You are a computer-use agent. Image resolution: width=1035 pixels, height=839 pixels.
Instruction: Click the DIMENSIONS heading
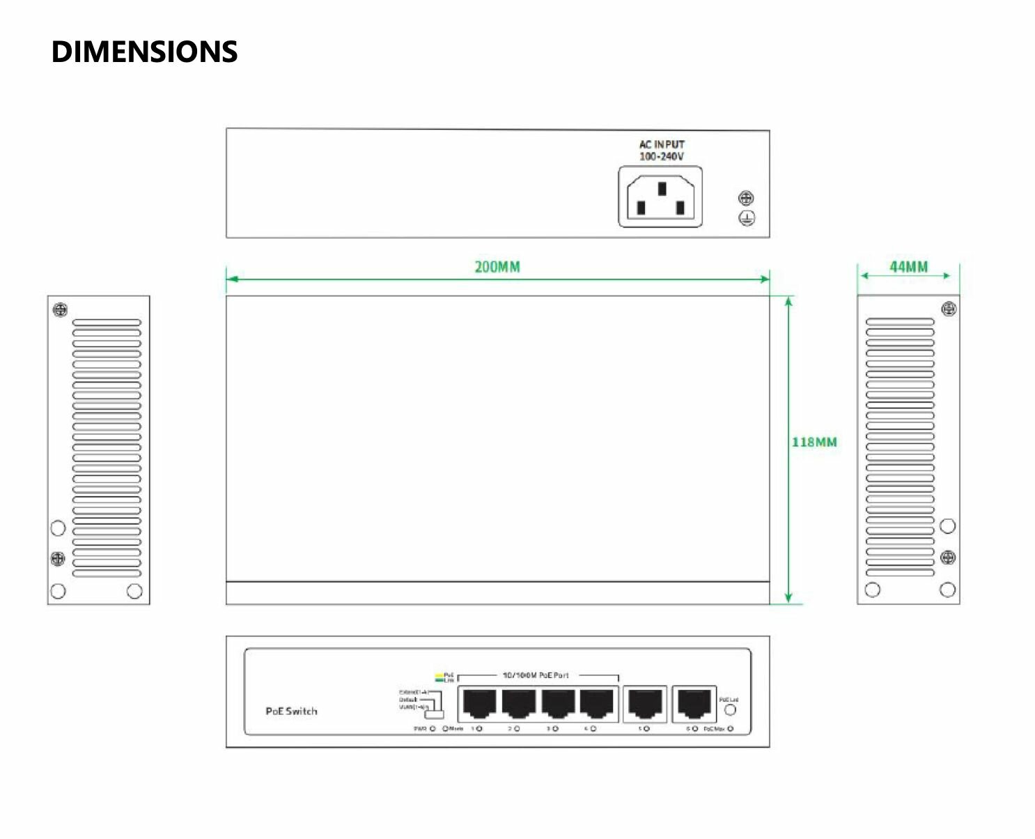[144, 52]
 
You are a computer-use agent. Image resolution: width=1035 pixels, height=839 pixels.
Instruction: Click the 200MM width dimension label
[497, 267]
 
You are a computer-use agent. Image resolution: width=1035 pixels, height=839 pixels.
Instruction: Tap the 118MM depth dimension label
[814, 442]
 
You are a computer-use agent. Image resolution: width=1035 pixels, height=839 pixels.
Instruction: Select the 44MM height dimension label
[908, 267]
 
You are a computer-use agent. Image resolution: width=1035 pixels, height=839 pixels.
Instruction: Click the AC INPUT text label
[662, 144]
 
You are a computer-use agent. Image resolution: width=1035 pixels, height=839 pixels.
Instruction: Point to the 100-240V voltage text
[662, 156]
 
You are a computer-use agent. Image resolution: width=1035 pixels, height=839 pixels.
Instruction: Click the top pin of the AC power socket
[662, 188]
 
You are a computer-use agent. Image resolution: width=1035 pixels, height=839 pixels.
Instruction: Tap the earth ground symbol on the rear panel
[746, 218]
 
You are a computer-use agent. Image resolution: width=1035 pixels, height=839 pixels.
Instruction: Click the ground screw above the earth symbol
[746, 199]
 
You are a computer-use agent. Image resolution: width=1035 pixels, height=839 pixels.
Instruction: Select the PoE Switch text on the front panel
[291, 711]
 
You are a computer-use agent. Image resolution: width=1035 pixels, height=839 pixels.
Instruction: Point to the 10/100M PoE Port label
[536, 675]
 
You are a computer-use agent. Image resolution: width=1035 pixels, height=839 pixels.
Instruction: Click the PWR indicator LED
[433, 729]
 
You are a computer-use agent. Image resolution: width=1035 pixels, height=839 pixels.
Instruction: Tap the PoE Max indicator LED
[731, 729]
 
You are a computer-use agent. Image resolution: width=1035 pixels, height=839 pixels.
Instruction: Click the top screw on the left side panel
[61, 310]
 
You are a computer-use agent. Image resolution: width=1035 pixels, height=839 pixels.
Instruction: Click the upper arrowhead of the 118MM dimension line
[788, 301]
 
